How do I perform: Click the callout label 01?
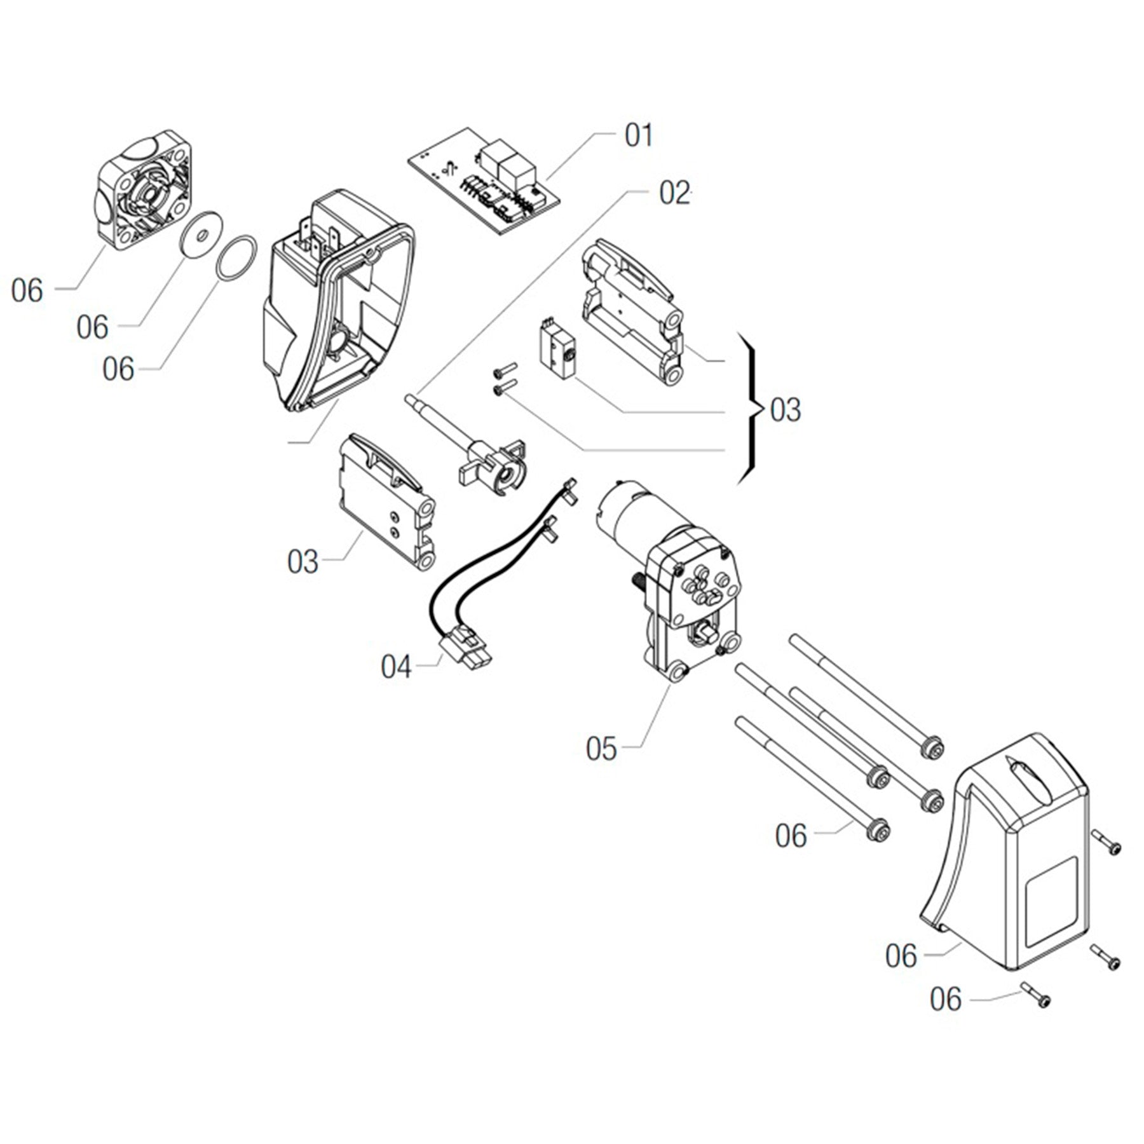tap(639, 136)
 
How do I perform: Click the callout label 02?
tap(674, 193)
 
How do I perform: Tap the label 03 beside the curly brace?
tap(786, 411)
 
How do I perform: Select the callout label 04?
tap(396, 667)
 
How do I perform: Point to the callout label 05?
tap(601, 749)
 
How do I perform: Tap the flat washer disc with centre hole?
tap(201, 236)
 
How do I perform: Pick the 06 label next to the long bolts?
tap(791, 836)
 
